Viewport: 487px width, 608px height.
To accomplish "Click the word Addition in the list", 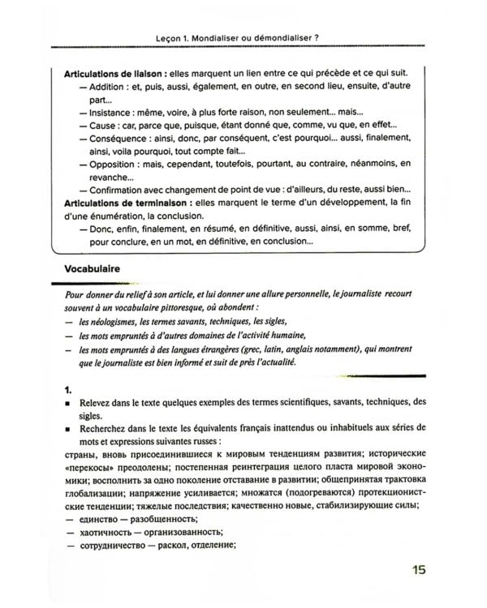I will pos(106,87).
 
